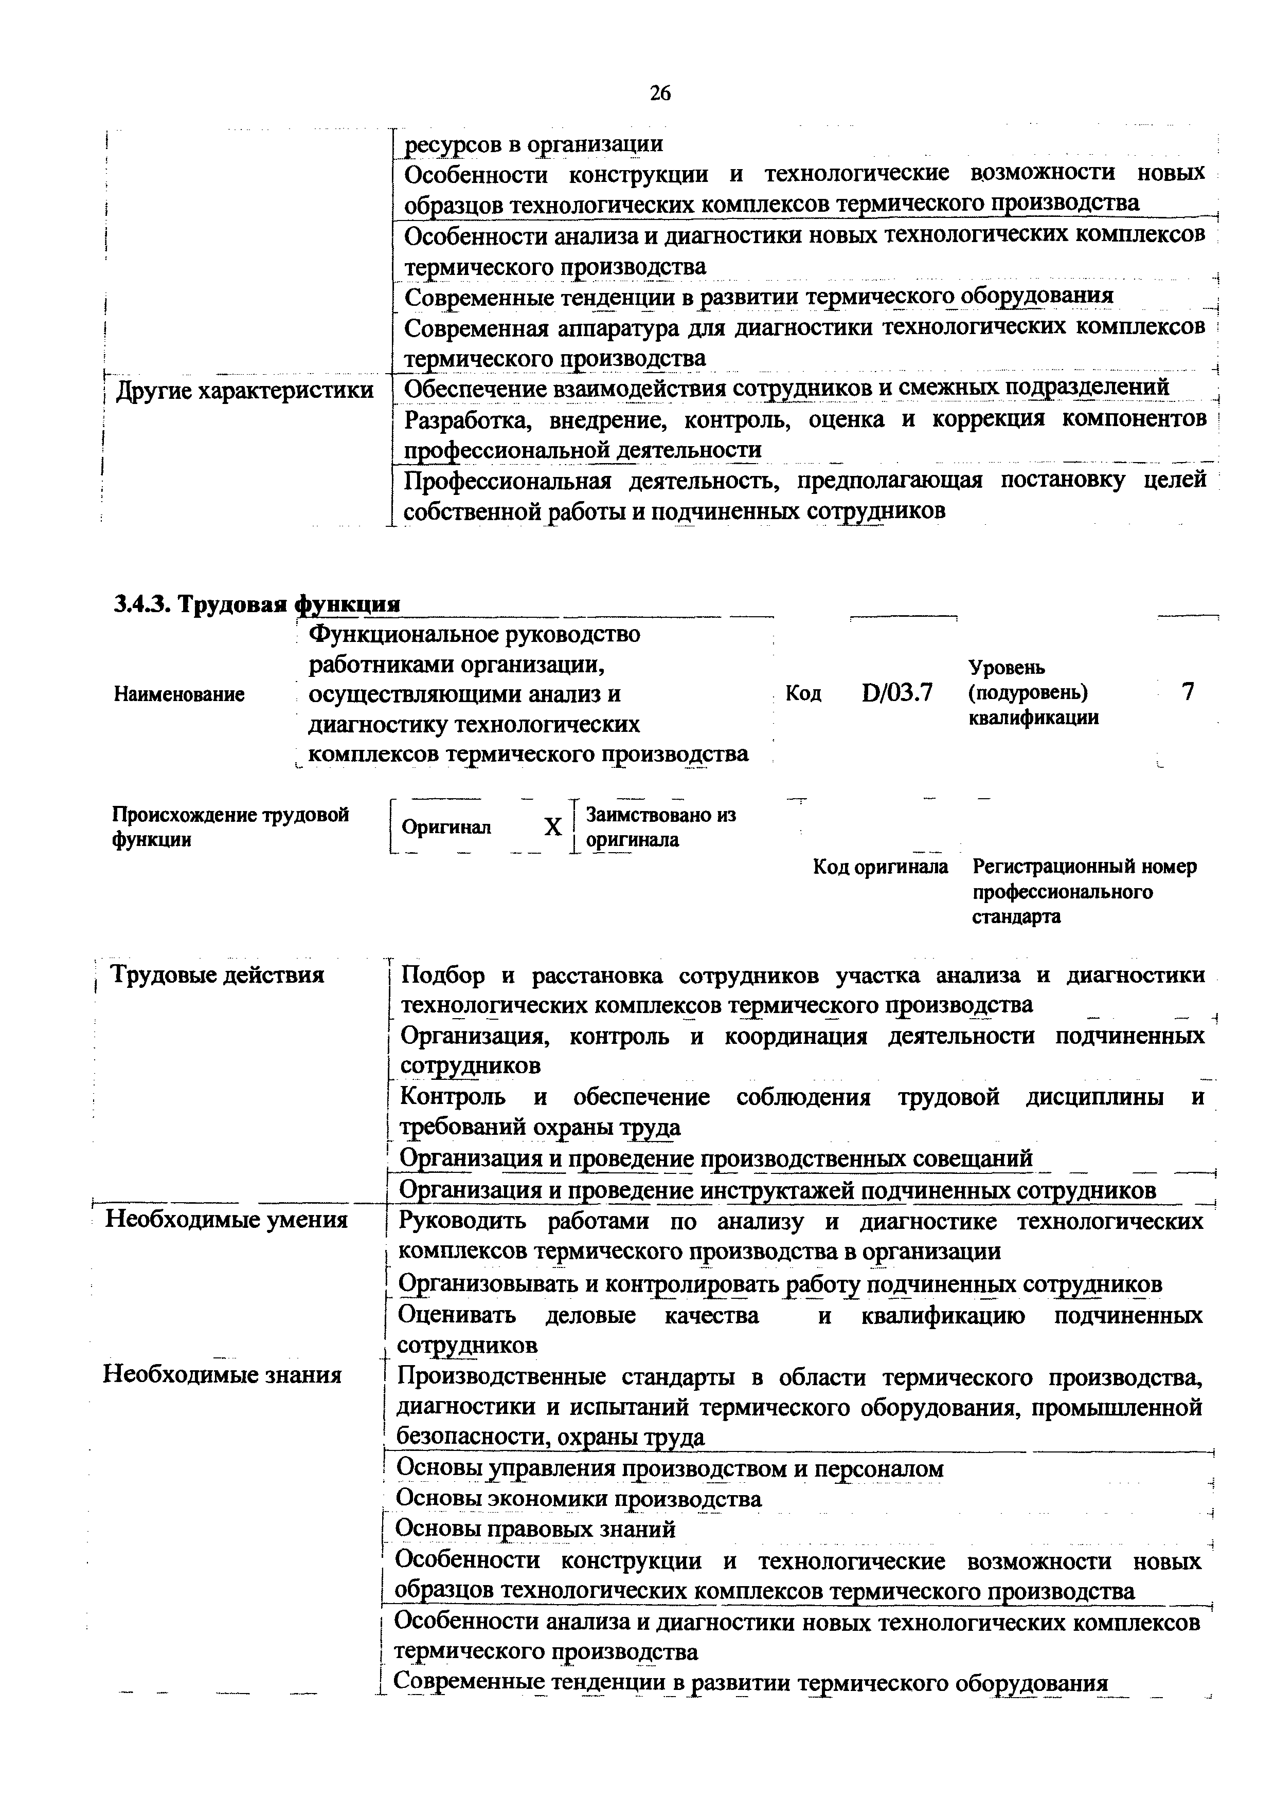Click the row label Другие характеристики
(244, 390)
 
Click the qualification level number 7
(1188, 692)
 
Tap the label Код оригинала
(880, 867)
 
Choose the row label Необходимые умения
(226, 1220)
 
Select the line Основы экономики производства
(578, 1498)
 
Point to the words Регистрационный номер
(1084, 867)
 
